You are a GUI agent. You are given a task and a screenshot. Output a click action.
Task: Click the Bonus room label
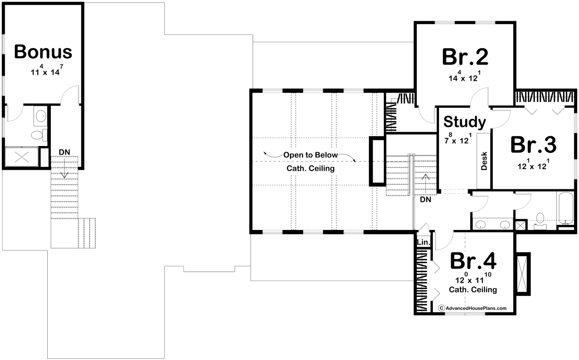pos(43,52)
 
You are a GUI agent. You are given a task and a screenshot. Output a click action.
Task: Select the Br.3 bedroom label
pos(533,145)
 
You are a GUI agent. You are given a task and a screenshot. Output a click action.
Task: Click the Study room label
pos(465,122)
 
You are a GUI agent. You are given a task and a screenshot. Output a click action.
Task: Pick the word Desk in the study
pos(484,161)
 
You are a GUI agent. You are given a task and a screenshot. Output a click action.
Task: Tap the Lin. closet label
pos(423,242)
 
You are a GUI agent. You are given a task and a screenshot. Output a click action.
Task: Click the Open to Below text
pos(310,155)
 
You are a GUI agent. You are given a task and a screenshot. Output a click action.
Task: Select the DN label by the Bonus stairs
pos(64,152)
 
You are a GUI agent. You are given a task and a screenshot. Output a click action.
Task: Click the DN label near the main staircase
pos(425,200)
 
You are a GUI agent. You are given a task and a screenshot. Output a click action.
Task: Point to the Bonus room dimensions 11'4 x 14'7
pos(47,70)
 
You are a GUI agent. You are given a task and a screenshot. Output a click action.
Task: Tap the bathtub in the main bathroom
pos(565,208)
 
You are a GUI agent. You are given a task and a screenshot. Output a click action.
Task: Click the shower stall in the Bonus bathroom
pos(21,157)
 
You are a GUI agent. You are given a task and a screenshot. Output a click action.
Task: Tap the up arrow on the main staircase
pos(425,184)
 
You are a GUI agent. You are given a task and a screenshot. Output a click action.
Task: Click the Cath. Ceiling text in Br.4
pos(473,290)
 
